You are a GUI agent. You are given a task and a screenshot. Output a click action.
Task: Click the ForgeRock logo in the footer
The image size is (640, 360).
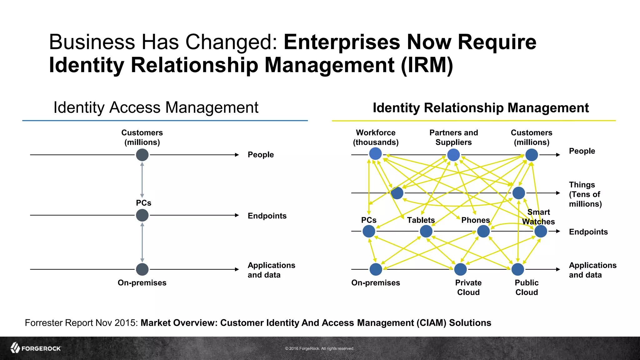(36, 348)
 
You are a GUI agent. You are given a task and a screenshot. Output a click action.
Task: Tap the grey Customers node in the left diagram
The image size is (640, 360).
(142, 155)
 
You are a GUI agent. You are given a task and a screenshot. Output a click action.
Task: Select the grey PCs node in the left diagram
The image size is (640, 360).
(142, 215)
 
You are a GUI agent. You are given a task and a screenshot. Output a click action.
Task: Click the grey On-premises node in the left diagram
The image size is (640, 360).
(142, 269)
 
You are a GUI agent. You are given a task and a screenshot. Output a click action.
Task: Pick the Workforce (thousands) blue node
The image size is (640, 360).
(375, 154)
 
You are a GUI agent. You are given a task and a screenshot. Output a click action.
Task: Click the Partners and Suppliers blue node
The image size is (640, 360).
(453, 155)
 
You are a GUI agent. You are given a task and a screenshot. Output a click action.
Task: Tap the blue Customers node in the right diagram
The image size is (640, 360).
(532, 155)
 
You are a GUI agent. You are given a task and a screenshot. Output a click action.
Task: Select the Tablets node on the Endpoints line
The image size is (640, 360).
(426, 232)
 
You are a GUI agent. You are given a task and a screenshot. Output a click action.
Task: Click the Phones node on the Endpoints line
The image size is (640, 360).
(483, 232)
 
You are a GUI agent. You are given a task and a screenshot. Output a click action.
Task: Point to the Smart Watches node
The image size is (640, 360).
(541, 232)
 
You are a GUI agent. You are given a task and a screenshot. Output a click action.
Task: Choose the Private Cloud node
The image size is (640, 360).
(460, 269)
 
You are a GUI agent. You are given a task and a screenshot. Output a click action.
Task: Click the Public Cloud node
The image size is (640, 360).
(518, 269)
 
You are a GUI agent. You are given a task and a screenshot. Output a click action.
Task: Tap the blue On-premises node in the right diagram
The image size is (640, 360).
(376, 269)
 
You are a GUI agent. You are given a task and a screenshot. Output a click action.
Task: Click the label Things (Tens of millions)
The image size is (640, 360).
(585, 194)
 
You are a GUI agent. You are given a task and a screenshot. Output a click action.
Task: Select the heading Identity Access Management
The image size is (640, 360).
(156, 107)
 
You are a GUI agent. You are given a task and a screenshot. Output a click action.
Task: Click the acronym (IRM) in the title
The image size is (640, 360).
(427, 65)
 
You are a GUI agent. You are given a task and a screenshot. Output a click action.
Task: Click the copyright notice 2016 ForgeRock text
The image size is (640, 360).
(320, 348)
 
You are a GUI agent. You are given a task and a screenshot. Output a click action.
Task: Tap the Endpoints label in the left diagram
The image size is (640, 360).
(267, 216)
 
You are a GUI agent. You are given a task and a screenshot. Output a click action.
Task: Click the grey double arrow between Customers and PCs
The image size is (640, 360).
(142, 180)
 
